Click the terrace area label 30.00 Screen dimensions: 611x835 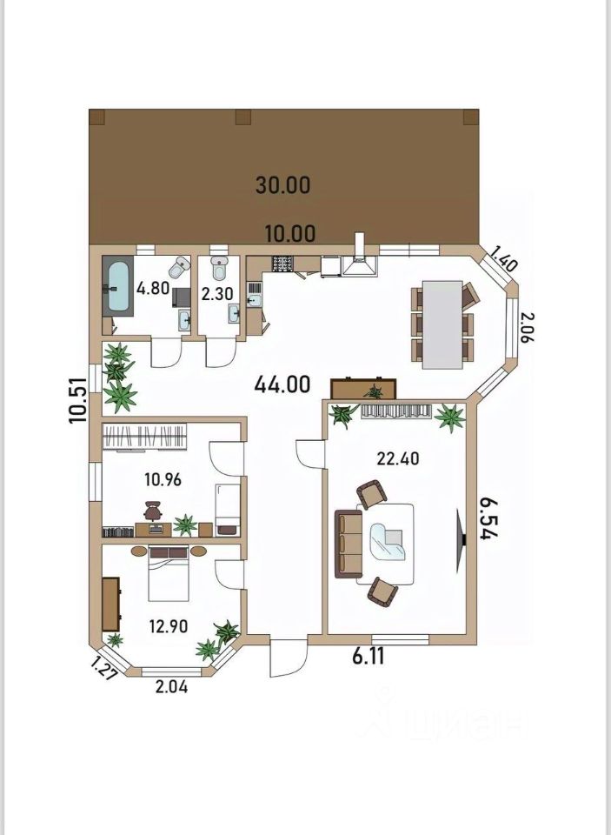point(282,184)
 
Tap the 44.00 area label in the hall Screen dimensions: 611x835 point(282,384)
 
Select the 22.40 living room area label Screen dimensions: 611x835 point(397,458)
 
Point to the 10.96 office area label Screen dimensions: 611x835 point(163,480)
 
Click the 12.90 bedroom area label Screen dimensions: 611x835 point(169,626)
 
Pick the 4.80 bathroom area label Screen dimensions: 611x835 point(153,289)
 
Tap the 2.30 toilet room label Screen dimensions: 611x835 point(216,295)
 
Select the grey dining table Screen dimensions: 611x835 point(442,324)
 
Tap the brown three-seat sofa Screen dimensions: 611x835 point(349,544)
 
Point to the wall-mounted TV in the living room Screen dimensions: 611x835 point(461,541)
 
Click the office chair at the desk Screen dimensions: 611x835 point(152,511)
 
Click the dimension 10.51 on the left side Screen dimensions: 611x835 point(77,400)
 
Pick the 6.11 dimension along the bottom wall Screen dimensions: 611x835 point(369,656)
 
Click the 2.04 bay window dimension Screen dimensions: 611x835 point(171,687)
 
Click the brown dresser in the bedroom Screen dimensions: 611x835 point(110,604)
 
